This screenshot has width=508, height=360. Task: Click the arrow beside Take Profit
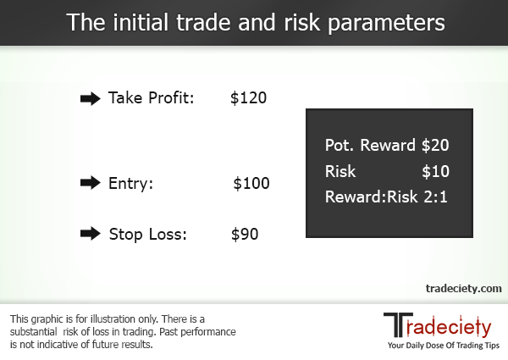(x=90, y=98)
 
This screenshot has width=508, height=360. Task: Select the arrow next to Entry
(x=90, y=183)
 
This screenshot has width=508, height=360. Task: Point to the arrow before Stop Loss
(x=90, y=234)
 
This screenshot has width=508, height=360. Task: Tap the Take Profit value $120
(x=248, y=98)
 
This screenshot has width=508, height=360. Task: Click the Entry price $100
(x=251, y=183)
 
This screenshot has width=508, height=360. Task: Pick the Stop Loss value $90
(x=245, y=234)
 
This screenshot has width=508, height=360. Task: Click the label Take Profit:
(x=152, y=98)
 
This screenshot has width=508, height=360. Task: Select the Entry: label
(x=130, y=183)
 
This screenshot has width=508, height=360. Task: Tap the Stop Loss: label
(x=147, y=234)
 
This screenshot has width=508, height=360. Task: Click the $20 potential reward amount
(x=434, y=146)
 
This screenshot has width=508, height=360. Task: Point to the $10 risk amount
(x=434, y=172)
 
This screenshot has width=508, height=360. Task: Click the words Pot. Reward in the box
(x=370, y=146)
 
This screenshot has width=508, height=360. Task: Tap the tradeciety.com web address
(x=463, y=289)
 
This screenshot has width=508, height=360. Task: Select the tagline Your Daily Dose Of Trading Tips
(x=444, y=347)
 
